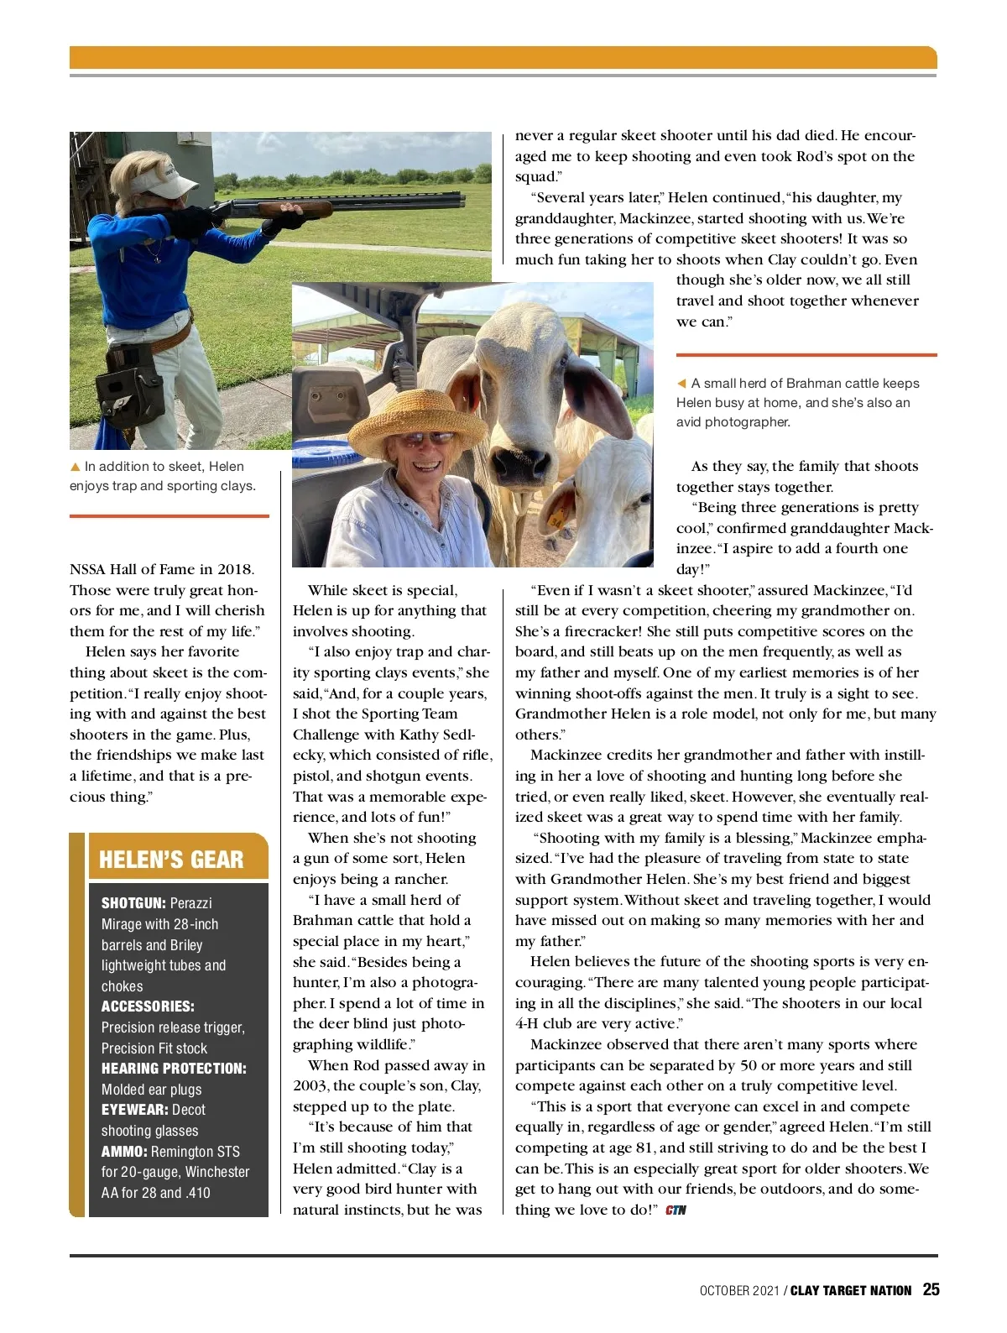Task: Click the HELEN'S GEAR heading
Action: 171,860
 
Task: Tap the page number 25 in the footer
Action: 931,1290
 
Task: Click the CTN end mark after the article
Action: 676,1210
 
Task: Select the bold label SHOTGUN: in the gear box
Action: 133,903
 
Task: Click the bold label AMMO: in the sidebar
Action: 124,1152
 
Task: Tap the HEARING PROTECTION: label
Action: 174,1069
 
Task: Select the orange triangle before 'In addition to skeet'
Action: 76,467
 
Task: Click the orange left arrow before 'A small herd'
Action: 681,384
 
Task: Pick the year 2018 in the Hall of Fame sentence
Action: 235,570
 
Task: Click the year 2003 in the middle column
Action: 310,1086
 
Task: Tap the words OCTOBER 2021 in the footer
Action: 739,1291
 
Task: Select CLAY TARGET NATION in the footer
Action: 851,1291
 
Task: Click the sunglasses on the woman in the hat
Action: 426,437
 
